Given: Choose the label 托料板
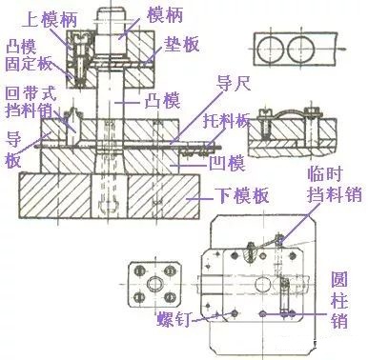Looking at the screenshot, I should tap(229, 122).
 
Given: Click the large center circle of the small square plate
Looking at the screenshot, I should tap(152, 283).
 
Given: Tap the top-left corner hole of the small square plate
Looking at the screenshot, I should tap(134, 266).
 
